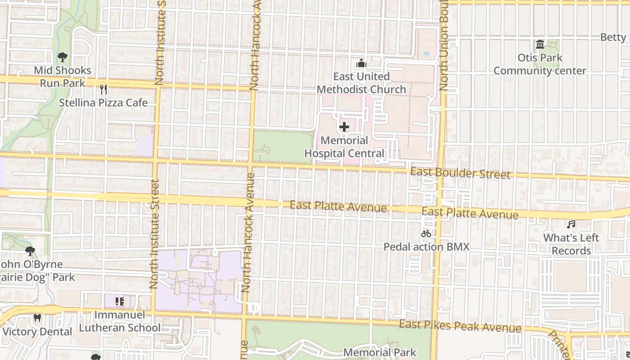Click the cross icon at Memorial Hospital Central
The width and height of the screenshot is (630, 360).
point(344,127)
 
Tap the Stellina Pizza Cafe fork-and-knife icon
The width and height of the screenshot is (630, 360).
point(103,90)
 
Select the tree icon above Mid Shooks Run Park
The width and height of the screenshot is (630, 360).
point(62,57)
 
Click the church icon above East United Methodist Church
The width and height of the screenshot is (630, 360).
point(361,63)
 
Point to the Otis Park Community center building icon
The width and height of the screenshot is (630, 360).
point(540,45)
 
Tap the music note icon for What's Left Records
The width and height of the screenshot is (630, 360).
point(571,224)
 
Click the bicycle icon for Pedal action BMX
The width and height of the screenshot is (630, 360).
point(426,234)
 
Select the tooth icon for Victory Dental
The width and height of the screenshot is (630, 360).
point(37,318)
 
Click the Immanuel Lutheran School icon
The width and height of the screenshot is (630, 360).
point(119,301)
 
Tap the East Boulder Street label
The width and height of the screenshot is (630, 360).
point(460,173)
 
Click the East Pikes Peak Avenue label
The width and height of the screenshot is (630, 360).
point(460,326)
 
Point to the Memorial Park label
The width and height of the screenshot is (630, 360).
point(380,352)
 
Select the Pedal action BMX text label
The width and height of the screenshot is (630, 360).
point(426,247)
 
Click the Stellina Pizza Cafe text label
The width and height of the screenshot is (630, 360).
point(103,103)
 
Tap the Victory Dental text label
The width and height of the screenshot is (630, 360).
point(37,332)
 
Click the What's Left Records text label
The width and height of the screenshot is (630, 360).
point(571,244)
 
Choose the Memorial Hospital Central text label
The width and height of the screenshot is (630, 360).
point(344,147)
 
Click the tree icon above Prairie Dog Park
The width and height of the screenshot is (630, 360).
point(30,251)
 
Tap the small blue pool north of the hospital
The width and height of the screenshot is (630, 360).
point(426,54)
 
